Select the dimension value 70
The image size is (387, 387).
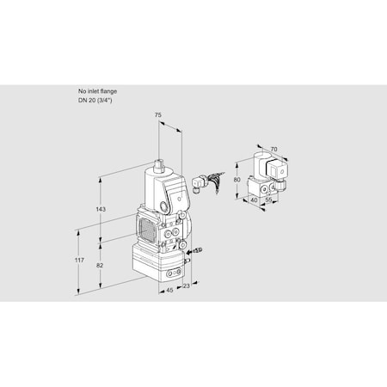click(x=274, y=150)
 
